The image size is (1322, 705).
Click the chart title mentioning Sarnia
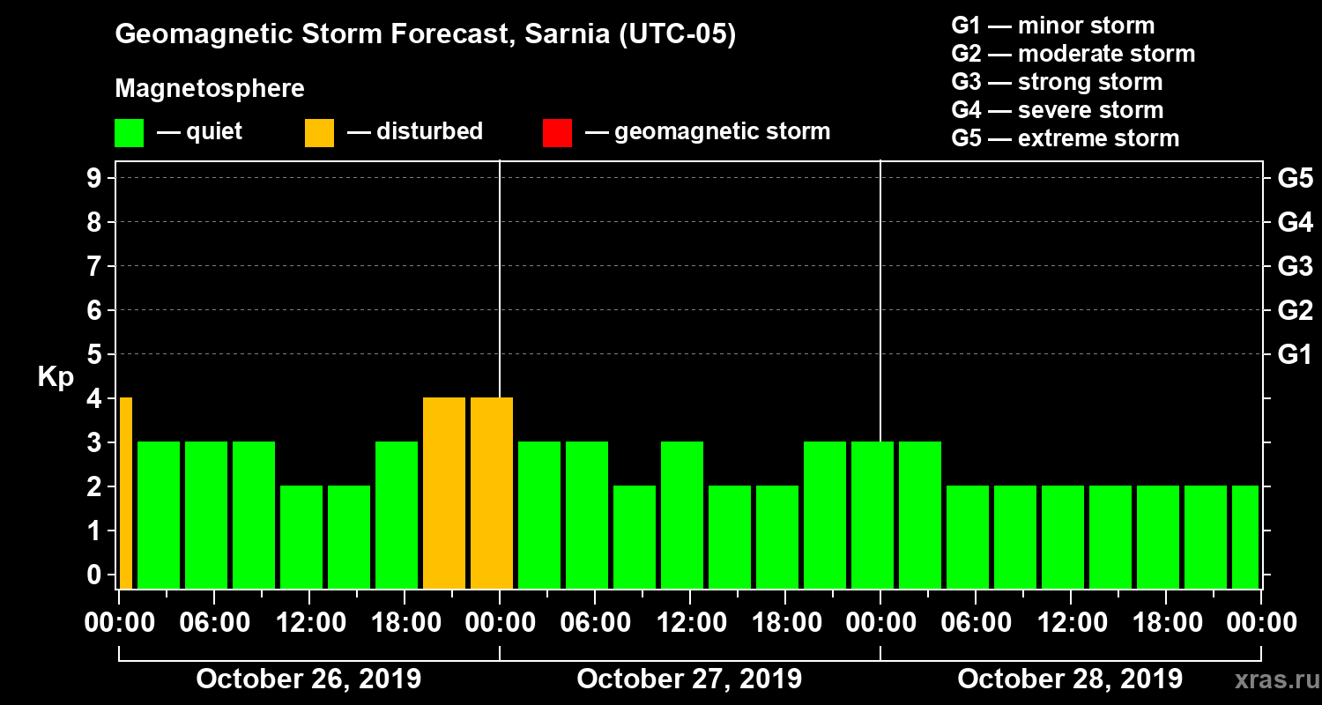tap(425, 34)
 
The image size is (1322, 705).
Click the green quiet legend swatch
tap(129, 133)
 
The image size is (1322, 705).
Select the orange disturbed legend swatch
tap(319, 133)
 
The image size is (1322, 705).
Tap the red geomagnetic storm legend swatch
tap(557, 133)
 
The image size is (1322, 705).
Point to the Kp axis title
tap(56, 376)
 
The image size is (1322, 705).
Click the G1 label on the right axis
tap(1295, 355)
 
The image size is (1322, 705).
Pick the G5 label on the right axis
tap(1295, 179)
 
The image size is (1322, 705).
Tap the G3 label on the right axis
tap(1295, 267)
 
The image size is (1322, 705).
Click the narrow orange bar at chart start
tap(126, 493)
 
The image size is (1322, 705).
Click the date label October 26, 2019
tap(308, 679)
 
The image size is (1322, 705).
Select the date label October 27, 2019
tap(689, 679)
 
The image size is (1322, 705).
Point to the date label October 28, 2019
tap(1070, 679)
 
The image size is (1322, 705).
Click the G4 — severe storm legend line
tap(1057, 110)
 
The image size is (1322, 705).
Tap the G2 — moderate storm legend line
tap(1073, 54)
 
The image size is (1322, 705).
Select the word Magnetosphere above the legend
tap(210, 89)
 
